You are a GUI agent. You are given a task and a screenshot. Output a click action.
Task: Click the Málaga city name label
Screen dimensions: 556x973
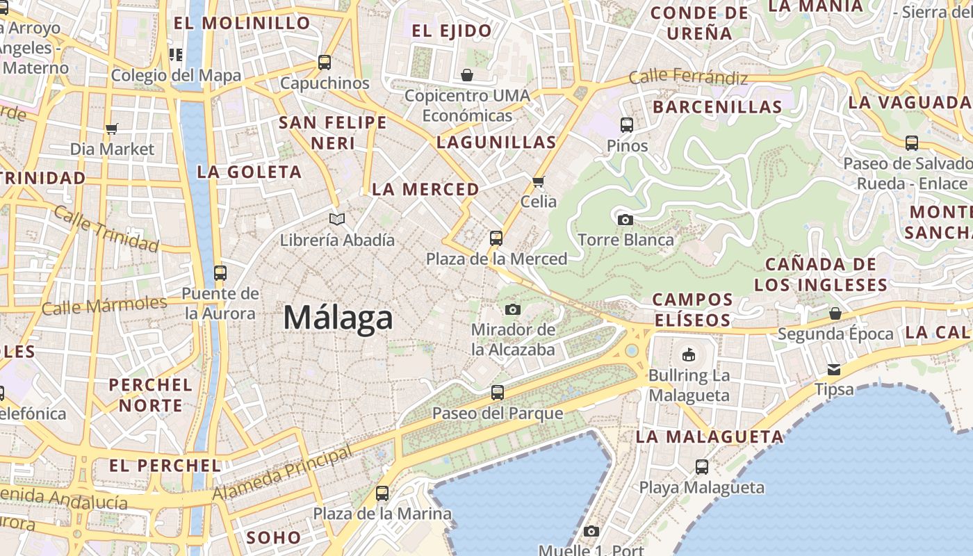pyautogui.click(x=338, y=318)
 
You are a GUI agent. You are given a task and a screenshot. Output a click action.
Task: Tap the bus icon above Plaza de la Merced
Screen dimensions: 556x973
pyautogui.click(x=496, y=238)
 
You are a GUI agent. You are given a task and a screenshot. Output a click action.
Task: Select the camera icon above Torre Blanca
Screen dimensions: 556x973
pyautogui.click(x=625, y=220)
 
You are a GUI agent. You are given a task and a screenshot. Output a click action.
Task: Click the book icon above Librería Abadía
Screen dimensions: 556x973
pyautogui.click(x=337, y=220)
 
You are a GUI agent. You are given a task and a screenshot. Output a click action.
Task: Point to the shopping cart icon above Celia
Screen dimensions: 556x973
pyautogui.click(x=538, y=182)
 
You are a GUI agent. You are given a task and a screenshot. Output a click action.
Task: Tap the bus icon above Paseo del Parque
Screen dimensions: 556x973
pyautogui.click(x=497, y=393)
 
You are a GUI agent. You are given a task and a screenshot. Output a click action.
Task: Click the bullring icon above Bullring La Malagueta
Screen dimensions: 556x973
pyautogui.click(x=688, y=354)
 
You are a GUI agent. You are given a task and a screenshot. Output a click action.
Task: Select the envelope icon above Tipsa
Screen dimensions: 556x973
pyautogui.click(x=833, y=369)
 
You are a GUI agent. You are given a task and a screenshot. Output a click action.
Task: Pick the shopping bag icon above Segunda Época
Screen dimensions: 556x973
pyautogui.click(x=835, y=313)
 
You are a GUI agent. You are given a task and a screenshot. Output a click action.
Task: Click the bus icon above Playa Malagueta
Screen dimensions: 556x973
pyautogui.click(x=702, y=467)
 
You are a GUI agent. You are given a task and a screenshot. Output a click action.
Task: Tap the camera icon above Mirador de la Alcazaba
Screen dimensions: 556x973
pyautogui.click(x=513, y=309)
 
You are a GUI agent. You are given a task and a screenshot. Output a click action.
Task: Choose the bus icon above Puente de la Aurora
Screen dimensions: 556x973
pyautogui.click(x=220, y=273)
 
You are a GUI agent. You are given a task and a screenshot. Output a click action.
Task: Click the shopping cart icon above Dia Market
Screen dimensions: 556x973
pyautogui.click(x=111, y=129)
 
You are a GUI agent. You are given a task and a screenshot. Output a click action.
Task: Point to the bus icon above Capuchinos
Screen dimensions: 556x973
pyautogui.click(x=325, y=63)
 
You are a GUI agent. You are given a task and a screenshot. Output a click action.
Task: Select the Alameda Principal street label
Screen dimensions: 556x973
pyautogui.click(x=282, y=474)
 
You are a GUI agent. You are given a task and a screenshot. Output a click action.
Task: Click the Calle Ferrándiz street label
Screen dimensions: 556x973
pyautogui.click(x=688, y=76)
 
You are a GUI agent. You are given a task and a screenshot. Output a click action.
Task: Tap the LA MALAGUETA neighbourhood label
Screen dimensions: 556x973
pyautogui.click(x=710, y=437)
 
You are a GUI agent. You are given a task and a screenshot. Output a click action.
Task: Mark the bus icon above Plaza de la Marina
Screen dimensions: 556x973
pyautogui.click(x=382, y=493)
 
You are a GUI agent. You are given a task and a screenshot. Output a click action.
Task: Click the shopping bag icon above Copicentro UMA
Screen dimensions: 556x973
pyautogui.click(x=467, y=75)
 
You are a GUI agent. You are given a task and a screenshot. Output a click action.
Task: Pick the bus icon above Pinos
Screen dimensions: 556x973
pyautogui.click(x=627, y=125)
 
